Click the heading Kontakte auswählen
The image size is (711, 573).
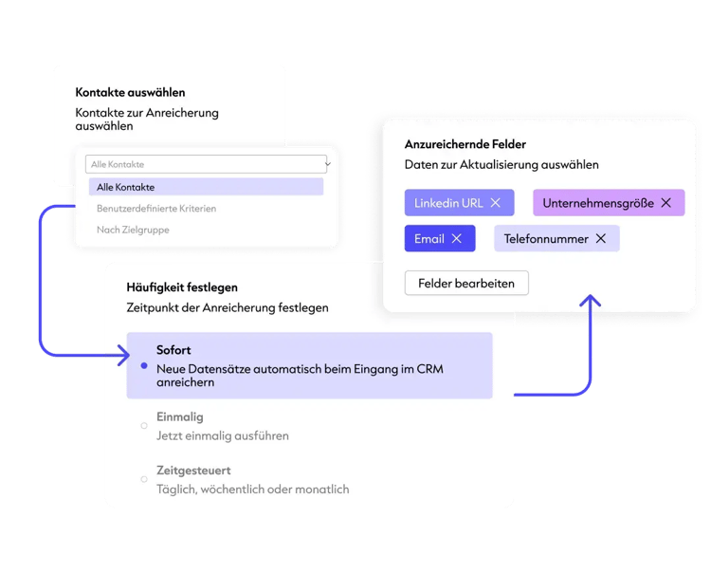click(130, 93)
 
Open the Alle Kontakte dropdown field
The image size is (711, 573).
click(206, 164)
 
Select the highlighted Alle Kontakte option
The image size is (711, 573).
click(206, 187)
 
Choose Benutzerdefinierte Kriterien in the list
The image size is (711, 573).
click(156, 209)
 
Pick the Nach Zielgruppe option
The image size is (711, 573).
click(133, 230)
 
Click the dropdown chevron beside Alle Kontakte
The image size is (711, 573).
click(328, 164)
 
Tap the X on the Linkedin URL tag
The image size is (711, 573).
click(496, 203)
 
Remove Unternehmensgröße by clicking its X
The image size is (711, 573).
click(666, 203)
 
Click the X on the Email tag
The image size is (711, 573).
click(457, 239)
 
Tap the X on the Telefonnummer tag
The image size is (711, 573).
click(601, 239)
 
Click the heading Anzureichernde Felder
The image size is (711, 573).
click(465, 144)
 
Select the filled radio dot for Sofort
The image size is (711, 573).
click(144, 365)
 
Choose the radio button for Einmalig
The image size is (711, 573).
click(144, 426)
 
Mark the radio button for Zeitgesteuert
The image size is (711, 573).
click(144, 479)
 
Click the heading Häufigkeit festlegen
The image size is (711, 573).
click(182, 287)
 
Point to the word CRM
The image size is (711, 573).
click(429, 369)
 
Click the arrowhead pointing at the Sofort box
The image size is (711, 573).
click(124, 355)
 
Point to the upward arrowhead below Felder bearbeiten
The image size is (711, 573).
click(591, 300)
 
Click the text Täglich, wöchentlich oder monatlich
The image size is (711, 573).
click(253, 490)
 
